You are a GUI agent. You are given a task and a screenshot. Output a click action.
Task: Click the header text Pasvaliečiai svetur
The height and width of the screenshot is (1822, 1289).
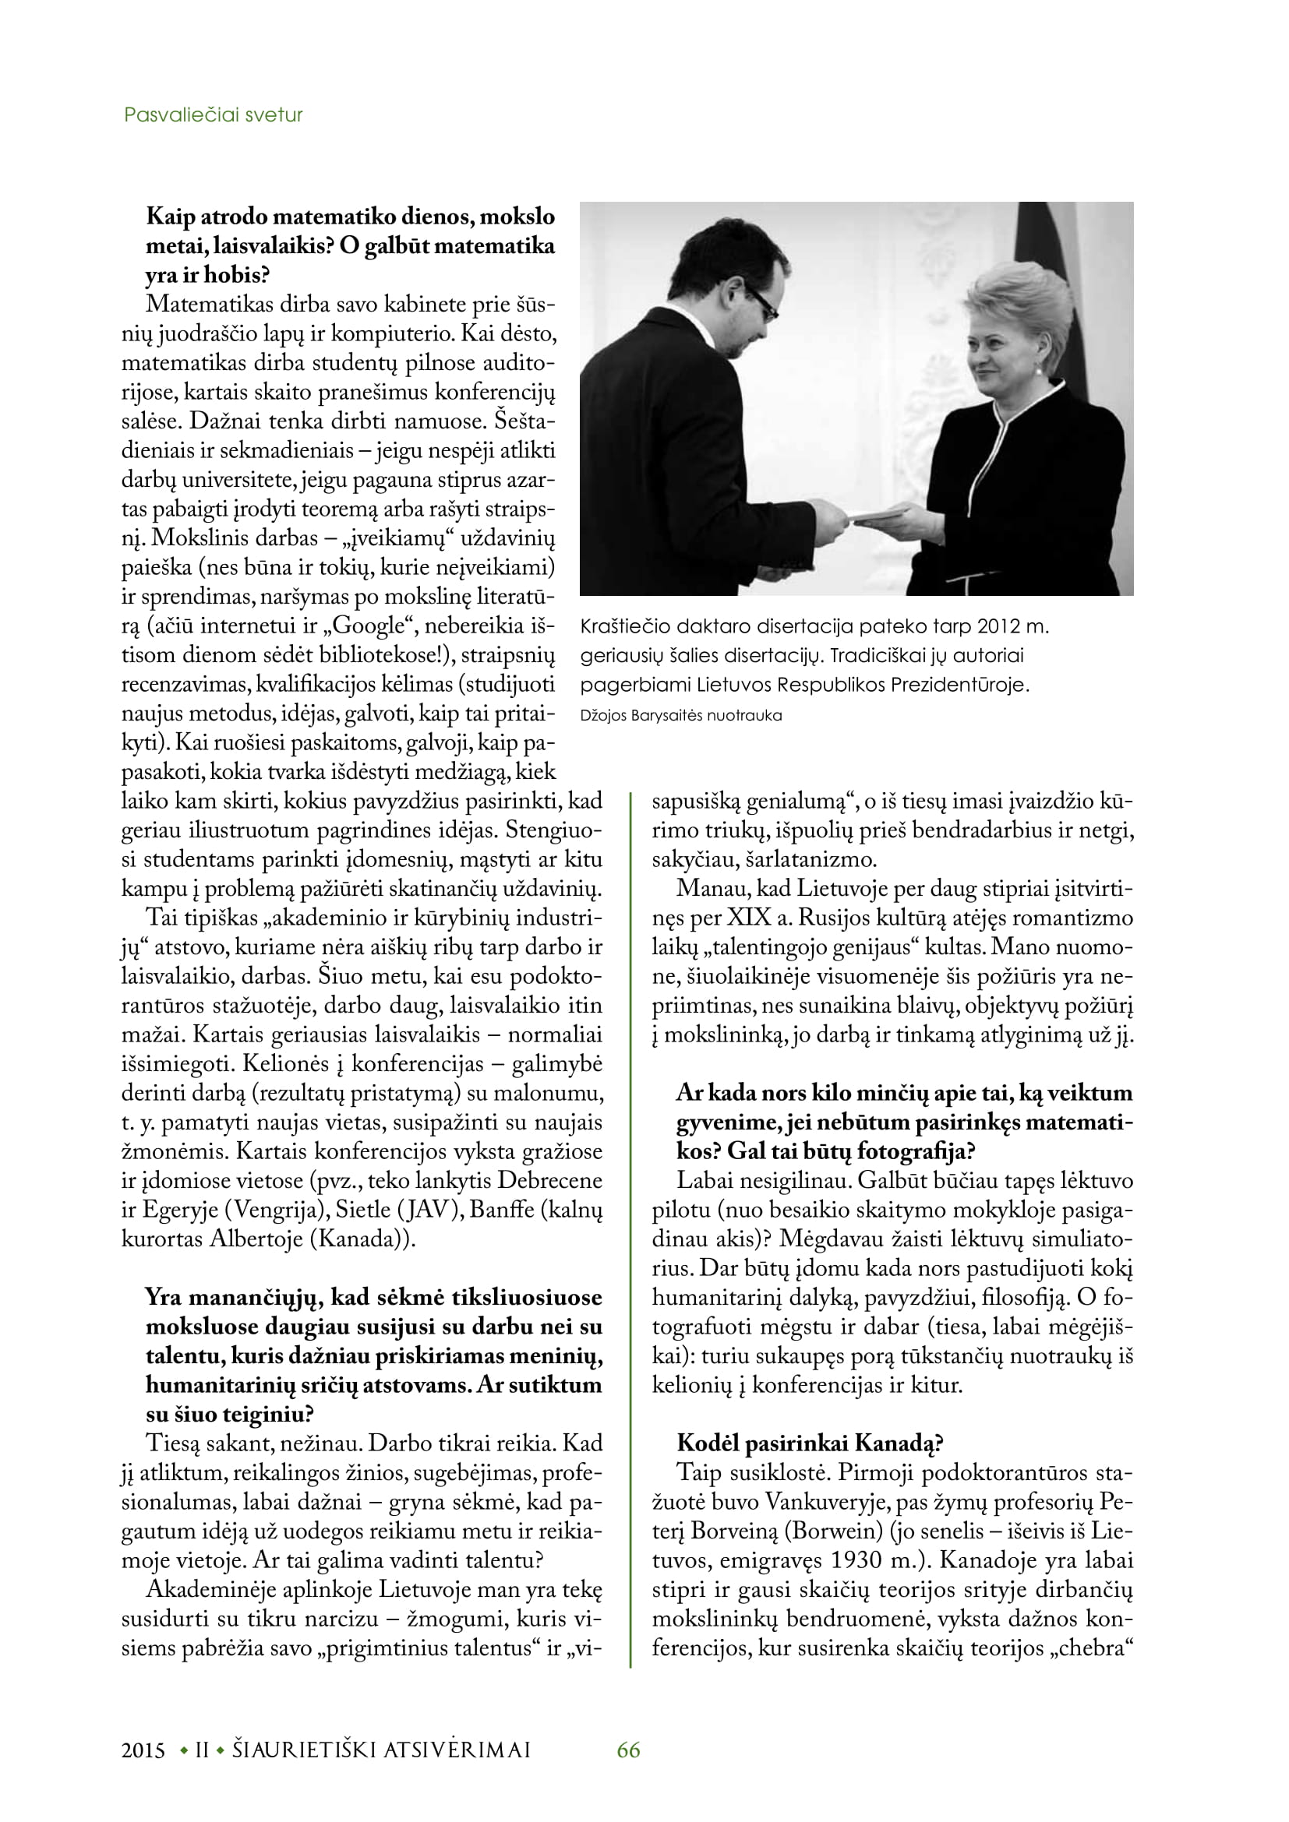[x=213, y=115]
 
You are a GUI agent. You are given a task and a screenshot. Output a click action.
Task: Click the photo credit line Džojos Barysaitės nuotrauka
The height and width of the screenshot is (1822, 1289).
[x=680, y=715]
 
